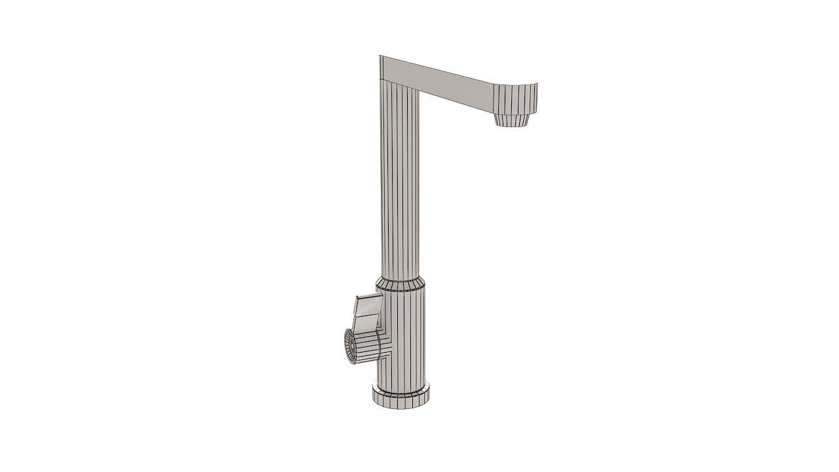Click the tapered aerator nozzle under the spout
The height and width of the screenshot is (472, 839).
click(x=513, y=120)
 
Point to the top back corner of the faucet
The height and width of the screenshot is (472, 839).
click(x=380, y=57)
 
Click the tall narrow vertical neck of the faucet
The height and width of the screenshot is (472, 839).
click(x=399, y=184)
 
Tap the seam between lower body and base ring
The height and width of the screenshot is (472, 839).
click(x=401, y=385)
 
